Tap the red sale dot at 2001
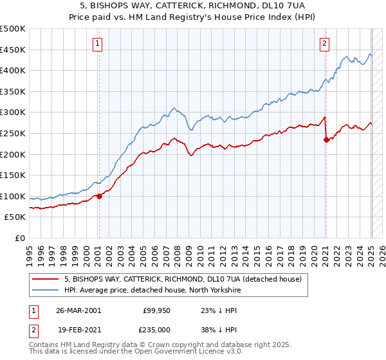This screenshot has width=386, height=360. [x=99, y=197]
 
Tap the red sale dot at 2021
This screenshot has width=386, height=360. [x=326, y=139]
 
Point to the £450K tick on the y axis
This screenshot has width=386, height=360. [x=13, y=50]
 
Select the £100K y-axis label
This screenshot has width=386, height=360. [x=13, y=196]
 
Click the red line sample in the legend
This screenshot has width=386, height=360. [x=45, y=279]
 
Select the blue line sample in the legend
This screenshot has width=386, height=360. [x=45, y=290]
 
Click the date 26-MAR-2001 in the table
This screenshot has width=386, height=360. [x=78, y=310]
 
